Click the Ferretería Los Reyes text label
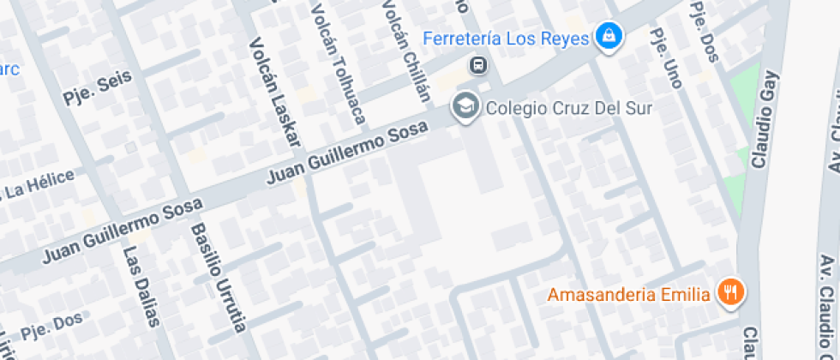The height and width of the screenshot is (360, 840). pyautogui.click(x=507, y=39)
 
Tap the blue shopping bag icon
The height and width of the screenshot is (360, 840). pyautogui.click(x=609, y=35)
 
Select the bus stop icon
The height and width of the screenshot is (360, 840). pyautogui.click(x=477, y=65)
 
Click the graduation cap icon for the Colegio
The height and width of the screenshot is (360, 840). pyautogui.click(x=465, y=106)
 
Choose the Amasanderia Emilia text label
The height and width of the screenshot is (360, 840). pyautogui.click(x=629, y=295)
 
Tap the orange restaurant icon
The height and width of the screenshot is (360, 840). pyautogui.click(x=730, y=292)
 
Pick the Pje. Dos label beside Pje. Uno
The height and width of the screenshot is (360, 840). pyautogui.click(x=706, y=30)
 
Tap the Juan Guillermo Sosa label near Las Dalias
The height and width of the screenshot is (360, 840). pyautogui.click(x=122, y=230)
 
